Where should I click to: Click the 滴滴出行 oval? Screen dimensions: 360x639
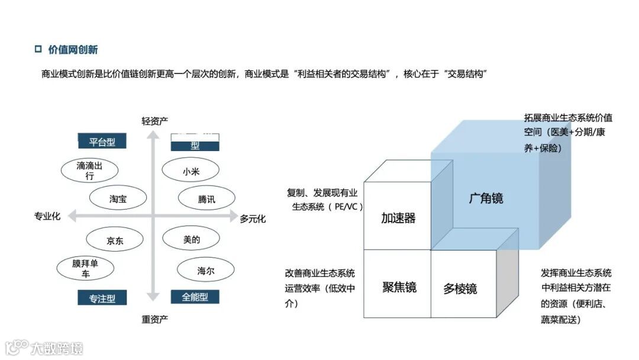point(89,171)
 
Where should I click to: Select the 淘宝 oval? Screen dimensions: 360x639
point(118,199)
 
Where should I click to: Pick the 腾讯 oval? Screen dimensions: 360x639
point(206,199)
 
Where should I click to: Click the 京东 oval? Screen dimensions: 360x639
point(115,240)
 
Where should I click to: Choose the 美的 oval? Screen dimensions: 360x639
point(192,240)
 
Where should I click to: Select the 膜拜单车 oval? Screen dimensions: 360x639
point(85,269)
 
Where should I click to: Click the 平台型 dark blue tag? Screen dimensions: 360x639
point(102,142)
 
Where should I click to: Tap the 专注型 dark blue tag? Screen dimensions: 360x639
point(102,298)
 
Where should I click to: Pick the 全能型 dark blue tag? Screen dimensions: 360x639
point(195,297)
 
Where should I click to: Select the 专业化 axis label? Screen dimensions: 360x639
point(47,217)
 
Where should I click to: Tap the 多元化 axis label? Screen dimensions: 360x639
point(253,218)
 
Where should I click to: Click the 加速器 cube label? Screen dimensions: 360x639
point(398,218)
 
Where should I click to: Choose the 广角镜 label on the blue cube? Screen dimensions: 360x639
point(486,198)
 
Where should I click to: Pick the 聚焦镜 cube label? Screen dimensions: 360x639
point(399,287)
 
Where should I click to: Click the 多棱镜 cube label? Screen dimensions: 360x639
point(460,289)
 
